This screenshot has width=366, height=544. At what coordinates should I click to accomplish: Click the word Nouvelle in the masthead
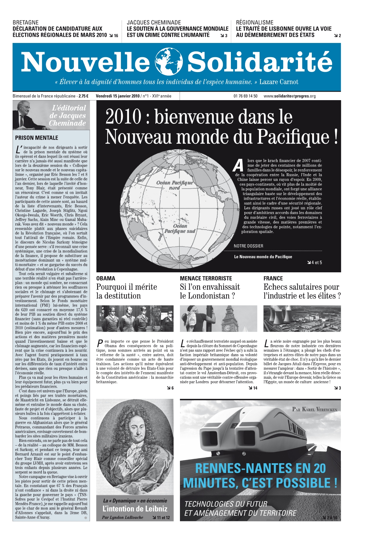[85, 62]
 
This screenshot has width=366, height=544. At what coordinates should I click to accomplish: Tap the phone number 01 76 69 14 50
[245, 96]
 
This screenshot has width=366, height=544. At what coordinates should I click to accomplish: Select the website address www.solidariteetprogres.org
[289, 96]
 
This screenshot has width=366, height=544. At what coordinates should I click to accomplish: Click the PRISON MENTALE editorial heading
[36, 138]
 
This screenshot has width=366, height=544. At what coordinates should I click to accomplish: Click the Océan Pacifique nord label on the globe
[174, 185]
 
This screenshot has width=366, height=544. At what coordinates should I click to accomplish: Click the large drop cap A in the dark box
[238, 165]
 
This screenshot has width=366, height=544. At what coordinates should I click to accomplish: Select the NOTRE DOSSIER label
[248, 246]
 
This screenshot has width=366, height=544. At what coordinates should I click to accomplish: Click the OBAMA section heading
[105, 278]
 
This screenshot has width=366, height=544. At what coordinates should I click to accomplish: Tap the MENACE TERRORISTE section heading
[206, 278]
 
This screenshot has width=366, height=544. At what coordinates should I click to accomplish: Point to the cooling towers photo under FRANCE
[302, 319]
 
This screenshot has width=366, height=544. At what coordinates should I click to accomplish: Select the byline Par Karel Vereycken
[314, 409]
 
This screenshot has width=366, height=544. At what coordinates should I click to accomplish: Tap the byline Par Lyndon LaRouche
[123, 517]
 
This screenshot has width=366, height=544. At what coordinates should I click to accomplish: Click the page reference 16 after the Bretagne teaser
[116, 36]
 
